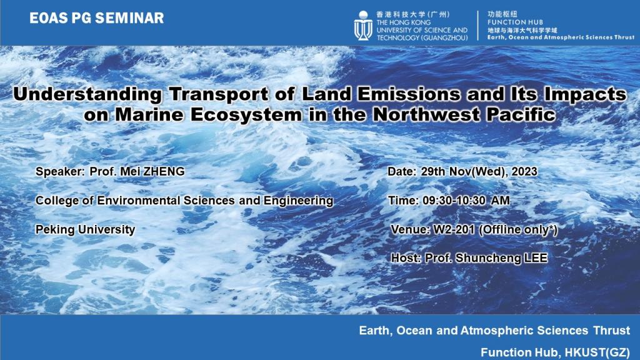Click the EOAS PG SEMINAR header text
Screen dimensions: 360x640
coord(96,18)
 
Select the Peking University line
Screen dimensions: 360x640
coord(86,229)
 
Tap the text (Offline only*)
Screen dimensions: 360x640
coord(518,230)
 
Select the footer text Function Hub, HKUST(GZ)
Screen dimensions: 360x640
coord(555,351)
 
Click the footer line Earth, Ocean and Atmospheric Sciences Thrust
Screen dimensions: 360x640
coord(494,330)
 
